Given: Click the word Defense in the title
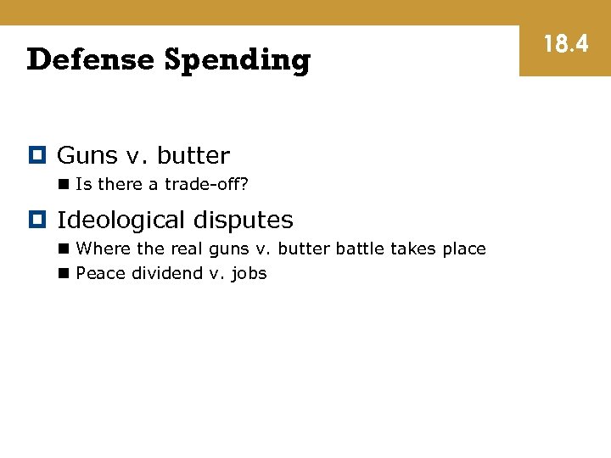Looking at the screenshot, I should pyautogui.click(x=91, y=60).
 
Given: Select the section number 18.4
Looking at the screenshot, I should pyautogui.click(x=565, y=44).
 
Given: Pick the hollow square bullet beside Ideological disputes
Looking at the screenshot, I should pyautogui.click(x=36, y=220).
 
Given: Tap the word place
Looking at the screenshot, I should pyautogui.click(x=463, y=249).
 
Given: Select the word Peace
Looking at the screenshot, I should pyautogui.click(x=101, y=273).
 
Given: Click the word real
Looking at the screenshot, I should pyautogui.click(x=182, y=249).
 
